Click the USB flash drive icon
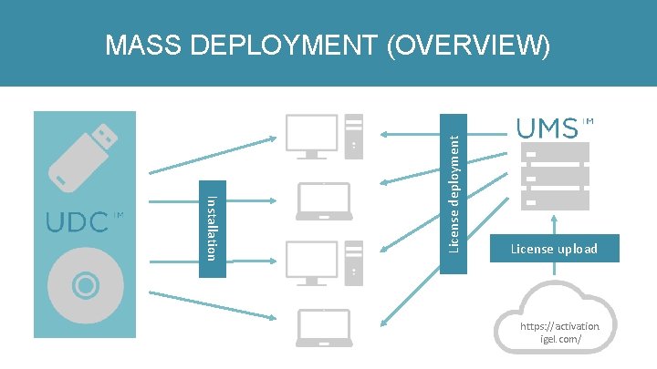84,160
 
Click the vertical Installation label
212,229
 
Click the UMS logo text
547,128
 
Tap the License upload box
554,249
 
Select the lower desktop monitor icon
313,261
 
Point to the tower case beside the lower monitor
354,261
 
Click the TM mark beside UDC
118,216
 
